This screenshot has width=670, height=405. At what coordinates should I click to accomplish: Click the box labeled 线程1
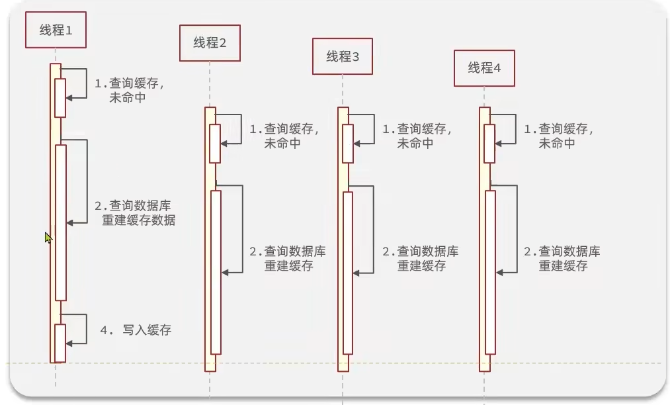(56, 30)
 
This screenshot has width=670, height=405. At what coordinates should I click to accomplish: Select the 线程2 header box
(210, 43)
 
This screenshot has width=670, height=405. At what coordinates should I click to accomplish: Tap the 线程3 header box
(343, 56)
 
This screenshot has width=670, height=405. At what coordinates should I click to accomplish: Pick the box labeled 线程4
(484, 67)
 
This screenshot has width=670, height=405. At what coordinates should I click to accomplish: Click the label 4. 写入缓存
(136, 330)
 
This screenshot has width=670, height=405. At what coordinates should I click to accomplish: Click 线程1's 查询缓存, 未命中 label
(128, 91)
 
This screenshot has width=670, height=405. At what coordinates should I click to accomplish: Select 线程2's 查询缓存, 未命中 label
(284, 136)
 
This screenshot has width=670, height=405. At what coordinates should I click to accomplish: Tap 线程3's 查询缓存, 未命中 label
(417, 136)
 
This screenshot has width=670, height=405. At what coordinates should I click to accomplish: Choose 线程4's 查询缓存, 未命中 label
(558, 136)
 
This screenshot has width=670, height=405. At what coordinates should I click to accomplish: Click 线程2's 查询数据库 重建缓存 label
(288, 259)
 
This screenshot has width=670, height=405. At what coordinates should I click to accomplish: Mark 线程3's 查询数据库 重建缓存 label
(421, 259)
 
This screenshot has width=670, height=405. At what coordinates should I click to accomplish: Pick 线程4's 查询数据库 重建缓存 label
(562, 259)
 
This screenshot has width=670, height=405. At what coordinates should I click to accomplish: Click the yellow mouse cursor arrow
(48, 238)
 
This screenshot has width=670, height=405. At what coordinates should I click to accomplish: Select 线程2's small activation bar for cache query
(215, 144)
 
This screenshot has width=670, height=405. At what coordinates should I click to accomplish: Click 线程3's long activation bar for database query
(348, 271)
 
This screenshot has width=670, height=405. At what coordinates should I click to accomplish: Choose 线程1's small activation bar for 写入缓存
(60, 343)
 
